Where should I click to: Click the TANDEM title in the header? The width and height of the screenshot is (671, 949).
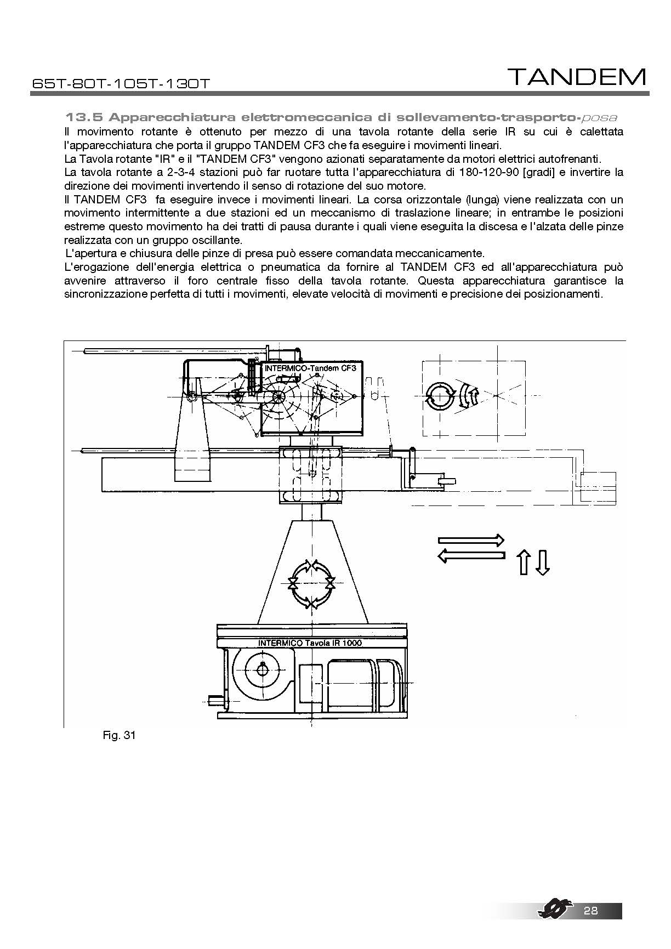[577, 77]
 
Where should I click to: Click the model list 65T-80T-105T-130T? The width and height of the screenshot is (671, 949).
[121, 84]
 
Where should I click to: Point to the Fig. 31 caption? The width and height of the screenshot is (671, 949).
[118, 735]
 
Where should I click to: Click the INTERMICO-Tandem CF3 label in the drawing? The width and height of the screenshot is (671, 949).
[310, 368]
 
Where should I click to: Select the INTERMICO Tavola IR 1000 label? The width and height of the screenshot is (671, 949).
[310, 643]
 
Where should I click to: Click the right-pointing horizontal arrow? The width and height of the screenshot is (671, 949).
[471, 540]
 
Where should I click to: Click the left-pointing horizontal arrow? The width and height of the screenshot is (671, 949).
[471, 555]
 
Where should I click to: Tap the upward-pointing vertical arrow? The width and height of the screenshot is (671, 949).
[524, 563]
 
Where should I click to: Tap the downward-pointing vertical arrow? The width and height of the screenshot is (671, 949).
[542, 563]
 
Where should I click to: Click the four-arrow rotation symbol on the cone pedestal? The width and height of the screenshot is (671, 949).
[311, 583]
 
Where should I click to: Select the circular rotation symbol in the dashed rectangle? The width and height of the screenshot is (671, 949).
[440, 396]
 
